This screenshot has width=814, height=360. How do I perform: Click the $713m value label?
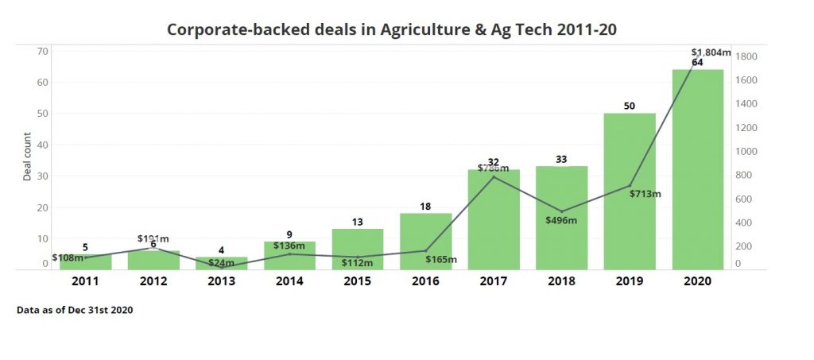click(x=645, y=193)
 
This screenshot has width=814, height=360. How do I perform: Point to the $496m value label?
click(x=561, y=220)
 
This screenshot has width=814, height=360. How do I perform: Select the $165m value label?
click(x=440, y=259)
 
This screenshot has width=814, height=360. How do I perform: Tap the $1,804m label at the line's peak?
click(x=711, y=52)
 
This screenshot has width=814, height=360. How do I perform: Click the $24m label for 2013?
click(x=222, y=263)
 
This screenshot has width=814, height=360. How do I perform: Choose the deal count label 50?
click(x=629, y=106)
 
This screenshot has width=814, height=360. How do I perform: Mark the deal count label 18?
click(x=425, y=207)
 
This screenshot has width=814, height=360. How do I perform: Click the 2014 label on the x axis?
click(x=290, y=281)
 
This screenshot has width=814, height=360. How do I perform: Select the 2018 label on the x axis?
click(x=561, y=281)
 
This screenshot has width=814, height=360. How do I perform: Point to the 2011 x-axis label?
click(x=86, y=281)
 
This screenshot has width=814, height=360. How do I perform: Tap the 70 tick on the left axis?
click(x=43, y=51)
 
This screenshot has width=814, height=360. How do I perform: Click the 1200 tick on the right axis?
click(x=746, y=127)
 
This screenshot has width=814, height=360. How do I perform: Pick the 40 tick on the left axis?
click(x=43, y=145)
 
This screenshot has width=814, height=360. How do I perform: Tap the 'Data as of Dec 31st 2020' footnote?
click(x=75, y=310)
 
